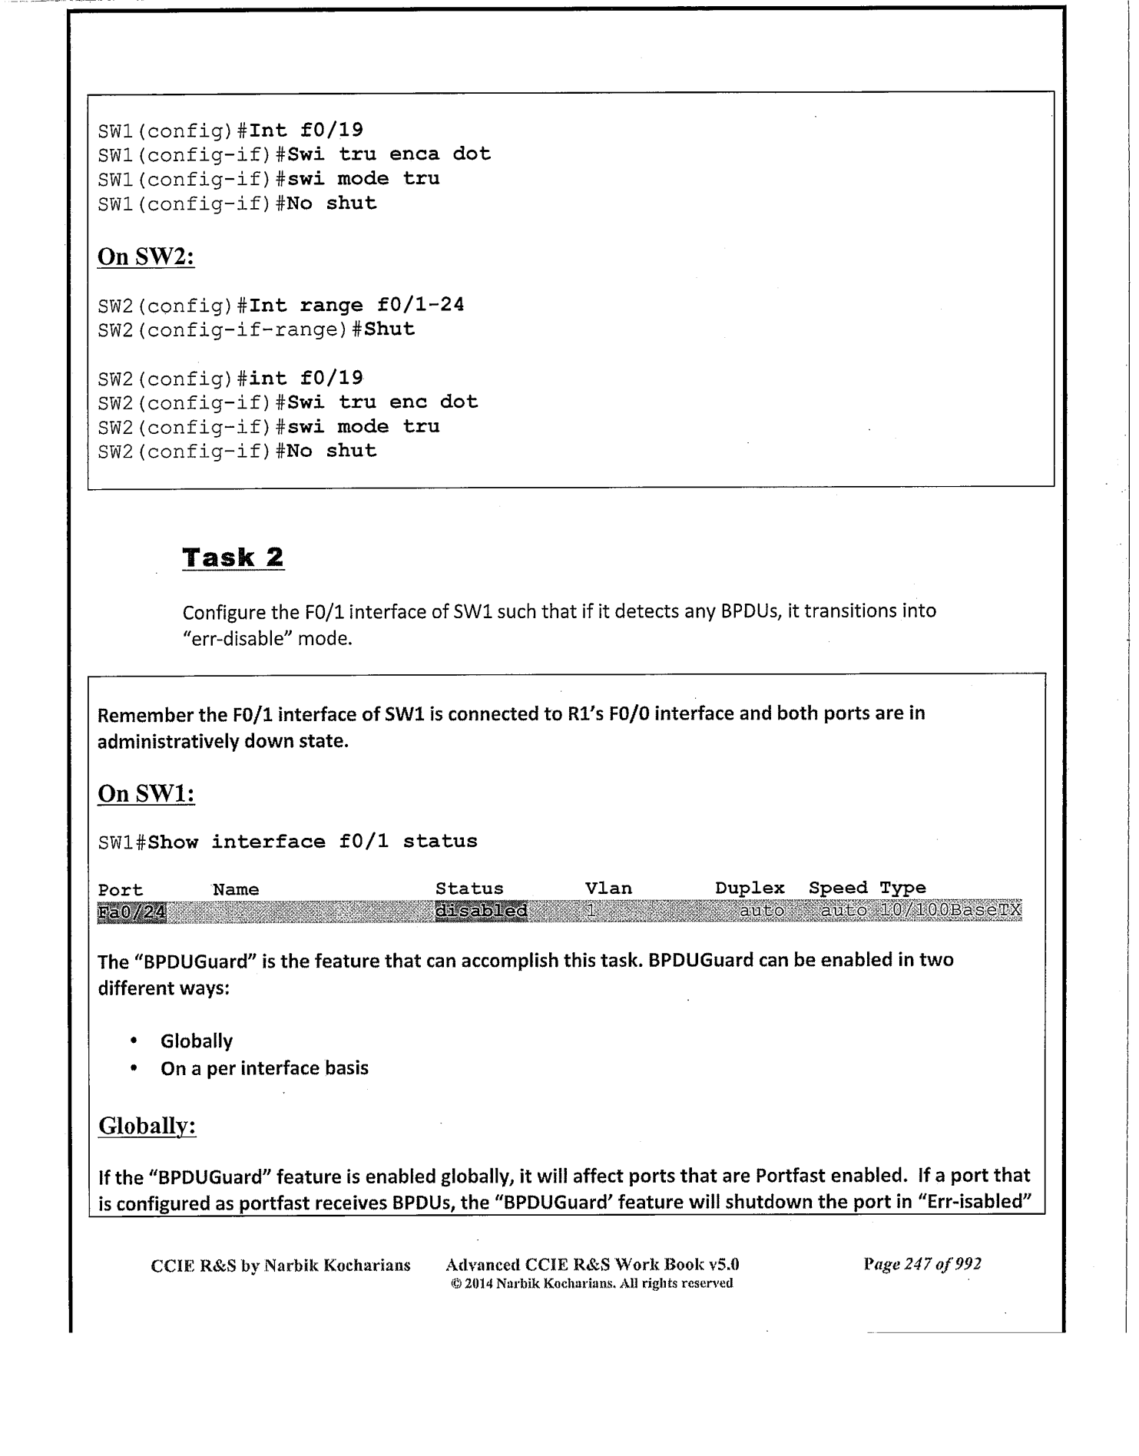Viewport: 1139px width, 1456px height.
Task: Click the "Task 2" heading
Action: click(233, 558)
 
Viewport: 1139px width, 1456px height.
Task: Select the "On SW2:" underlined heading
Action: click(146, 256)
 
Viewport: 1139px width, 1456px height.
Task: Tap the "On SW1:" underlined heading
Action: click(146, 793)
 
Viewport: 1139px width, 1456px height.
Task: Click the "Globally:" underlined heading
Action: click(147, 1127)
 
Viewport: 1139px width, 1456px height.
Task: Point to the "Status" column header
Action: click(469, 888)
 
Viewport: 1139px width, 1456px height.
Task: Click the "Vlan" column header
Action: click(608, 888)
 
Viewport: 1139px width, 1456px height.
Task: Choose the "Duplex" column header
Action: click(750, 888)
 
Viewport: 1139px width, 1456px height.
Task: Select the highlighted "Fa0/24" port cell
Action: click(132, 912)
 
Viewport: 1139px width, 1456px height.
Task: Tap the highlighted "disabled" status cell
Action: click(482, 911)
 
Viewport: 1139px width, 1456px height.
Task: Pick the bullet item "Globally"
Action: click(197, 1041)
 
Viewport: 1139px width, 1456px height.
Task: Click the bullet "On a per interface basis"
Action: click(264, 1068)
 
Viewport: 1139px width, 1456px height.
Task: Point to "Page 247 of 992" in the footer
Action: click(922, 1264)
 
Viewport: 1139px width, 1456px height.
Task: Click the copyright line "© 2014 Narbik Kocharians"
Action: click(591, 1283)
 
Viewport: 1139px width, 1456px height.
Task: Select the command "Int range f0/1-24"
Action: click(357, 305)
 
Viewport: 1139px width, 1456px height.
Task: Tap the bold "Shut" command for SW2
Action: click(389, 329)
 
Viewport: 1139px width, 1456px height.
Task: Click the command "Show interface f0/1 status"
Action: click(313, 842)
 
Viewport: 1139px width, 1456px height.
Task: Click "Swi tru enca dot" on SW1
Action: click(389, 154)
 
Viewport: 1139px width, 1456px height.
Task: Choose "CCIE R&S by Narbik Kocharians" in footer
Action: click(280, 1266)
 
